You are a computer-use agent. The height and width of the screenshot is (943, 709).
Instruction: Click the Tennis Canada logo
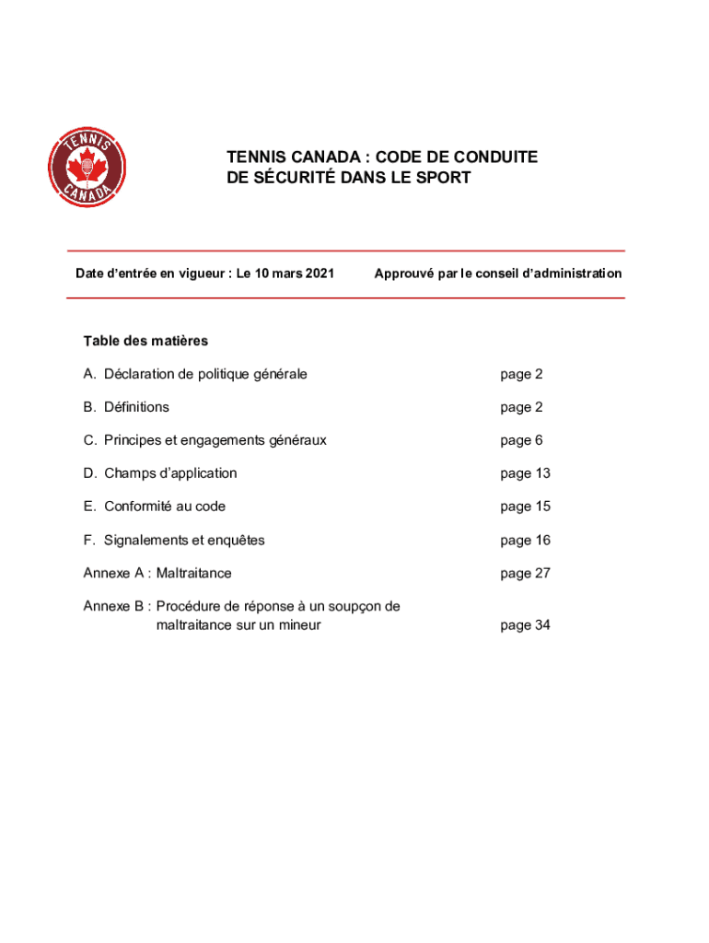(87, 168)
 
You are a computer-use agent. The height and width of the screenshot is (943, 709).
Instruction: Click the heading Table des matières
(145, 341)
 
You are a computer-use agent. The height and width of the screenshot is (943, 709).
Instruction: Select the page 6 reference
(521, 440)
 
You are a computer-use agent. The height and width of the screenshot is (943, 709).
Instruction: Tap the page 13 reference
(525, 473)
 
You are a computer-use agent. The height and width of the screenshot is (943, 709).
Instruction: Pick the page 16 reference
(525, 540)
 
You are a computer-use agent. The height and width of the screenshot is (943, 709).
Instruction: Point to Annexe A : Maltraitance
(157, 573)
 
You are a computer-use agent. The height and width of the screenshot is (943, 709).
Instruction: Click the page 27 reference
(525, 573)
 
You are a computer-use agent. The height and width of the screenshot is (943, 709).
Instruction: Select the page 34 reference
(525, 625)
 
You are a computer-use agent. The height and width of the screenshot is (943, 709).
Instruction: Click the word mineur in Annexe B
(298, 625)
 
